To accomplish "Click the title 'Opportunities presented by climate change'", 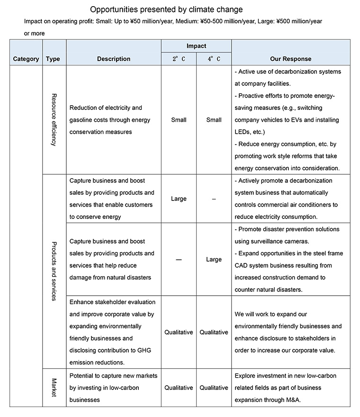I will [x=166, y=9].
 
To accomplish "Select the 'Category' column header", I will [x=26, y=59].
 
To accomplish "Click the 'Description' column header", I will [x=114, y=59].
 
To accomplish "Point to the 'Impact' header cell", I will [x=196, y=46].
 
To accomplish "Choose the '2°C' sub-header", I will [x=179, y=59].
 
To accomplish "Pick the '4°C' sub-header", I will [x=214, y=59].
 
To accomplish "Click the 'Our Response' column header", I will [x=291, y=59].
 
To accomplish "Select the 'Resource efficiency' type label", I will [x=54, y=119].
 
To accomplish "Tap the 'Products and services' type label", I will [x=54, y=271].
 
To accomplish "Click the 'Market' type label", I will [x=54, y=387].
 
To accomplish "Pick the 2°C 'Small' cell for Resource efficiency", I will [x=179, y=120].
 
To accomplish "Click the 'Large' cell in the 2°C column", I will [x=179, y=199].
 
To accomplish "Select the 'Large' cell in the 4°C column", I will [x=214, y=260].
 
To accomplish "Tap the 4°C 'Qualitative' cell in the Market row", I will [x=214, y=388].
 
